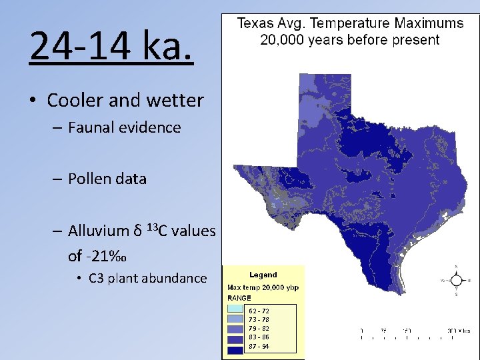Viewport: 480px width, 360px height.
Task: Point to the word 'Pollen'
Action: pyautogui.click(x=90, y=179)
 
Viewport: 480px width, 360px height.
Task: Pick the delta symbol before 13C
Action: pyautogui.click(x=137, y=231)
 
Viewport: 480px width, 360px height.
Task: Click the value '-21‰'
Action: pyautogui.click(x=106, y=255)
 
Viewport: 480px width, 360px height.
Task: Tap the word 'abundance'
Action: pyautogui.click(x=175, y=279)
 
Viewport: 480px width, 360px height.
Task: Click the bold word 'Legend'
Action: pyautogui.click(x=263, y=275)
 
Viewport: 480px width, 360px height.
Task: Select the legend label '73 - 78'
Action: pyautogui.click(x=259, y=320)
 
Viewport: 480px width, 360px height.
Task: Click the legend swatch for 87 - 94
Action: pyautogui.click(x=235, y=347)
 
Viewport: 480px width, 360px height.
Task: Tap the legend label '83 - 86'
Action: pyautogui.click(x=259, y=338)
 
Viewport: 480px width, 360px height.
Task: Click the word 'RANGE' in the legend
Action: pyautogui.click(x=239, y=298)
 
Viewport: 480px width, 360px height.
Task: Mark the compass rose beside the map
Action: pyautogui.click(x=457, y=281)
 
